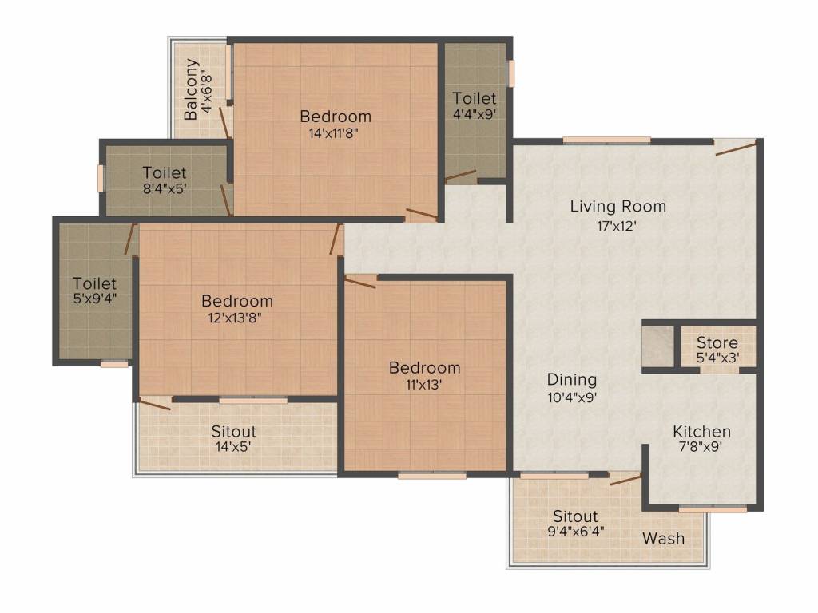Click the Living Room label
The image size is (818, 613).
617,207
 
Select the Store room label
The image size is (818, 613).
717,343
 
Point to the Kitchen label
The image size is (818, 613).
701,431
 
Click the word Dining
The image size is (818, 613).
571,379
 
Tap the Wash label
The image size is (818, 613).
663,538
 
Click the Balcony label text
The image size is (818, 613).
192,89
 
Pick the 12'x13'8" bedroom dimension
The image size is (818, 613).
236,318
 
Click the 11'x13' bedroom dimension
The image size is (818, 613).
423,384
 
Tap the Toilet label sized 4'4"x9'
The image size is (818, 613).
474,98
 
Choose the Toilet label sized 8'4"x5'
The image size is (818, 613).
165,172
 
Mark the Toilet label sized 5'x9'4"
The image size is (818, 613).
94,283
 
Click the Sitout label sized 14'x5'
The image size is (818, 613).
233,432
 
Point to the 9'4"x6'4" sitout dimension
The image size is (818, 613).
574,531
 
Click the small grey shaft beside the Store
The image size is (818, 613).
657,346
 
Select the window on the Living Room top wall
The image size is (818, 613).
606,141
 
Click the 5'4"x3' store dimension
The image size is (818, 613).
717,358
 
